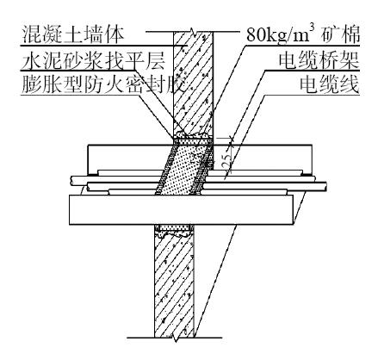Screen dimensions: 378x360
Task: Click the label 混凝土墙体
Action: [x=73, y=34]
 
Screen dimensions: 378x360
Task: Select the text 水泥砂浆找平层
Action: [x=93, y=61]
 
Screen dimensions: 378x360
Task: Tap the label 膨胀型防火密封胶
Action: [x=104, y=85]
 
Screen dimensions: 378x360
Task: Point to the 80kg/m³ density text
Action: [x=283, y=34]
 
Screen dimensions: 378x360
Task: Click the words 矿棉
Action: [x=342, y=34]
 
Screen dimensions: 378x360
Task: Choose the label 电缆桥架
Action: [x=319, y=61]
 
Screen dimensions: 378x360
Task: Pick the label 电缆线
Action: [x=329, y=85]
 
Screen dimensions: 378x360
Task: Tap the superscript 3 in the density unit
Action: [x=318, y=29]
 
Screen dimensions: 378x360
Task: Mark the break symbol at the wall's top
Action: [x=193, y=32]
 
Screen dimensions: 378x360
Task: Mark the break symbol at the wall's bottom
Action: [x=174, y=338]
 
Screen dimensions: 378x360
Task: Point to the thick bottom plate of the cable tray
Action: [x=181, y=210]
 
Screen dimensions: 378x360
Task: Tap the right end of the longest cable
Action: [x=326, y=186]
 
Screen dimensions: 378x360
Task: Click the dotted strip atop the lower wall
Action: [x=174, y=227]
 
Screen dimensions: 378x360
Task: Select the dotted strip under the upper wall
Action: [x=193, y=142]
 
